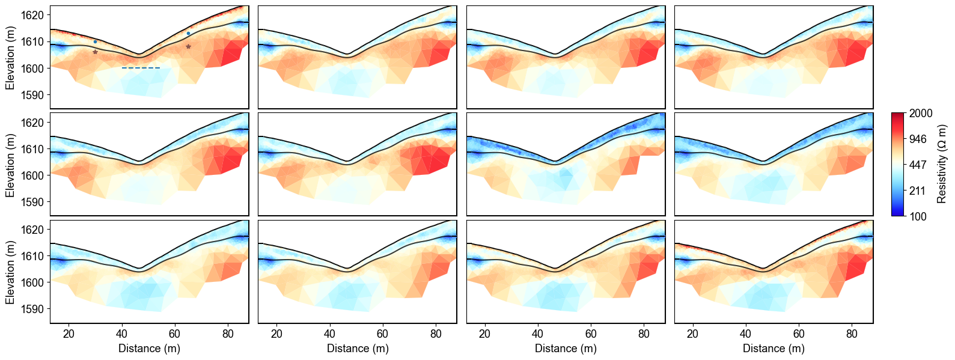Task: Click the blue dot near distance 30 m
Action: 95,42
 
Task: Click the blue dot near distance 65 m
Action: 188,34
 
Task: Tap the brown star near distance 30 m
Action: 95,52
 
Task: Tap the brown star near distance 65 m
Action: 188,46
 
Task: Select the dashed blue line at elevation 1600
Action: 141,68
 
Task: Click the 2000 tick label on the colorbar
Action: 921,114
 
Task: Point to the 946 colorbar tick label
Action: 918,139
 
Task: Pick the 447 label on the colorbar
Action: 918,165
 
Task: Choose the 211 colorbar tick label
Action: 918,191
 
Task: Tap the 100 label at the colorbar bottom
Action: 918,217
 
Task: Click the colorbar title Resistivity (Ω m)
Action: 942,164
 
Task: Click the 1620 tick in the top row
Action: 33,15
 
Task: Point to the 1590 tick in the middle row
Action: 33,203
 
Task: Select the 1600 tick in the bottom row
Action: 33,282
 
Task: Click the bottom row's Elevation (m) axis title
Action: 10,272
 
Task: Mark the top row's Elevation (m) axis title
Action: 10,58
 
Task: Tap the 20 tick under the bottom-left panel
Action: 69,334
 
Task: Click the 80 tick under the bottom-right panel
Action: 852,334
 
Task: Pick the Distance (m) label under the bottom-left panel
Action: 149,349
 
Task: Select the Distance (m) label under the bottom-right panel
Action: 773,349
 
